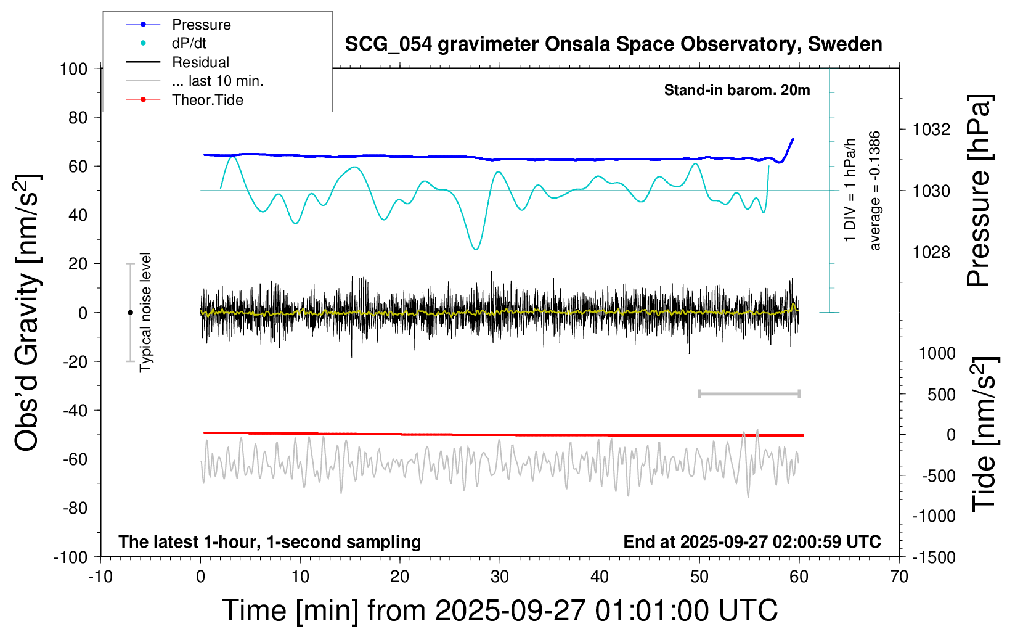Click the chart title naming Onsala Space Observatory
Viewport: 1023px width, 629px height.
613,44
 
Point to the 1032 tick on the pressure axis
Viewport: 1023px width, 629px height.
931,129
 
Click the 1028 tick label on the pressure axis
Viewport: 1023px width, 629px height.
931,252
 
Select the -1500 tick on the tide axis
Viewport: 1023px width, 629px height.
934,557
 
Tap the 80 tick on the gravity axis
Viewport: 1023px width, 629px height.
78,117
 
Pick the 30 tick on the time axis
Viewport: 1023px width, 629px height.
500,577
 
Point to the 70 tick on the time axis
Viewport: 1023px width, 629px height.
899,577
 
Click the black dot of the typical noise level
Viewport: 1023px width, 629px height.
130,313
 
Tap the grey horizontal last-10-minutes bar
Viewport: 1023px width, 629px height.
749,393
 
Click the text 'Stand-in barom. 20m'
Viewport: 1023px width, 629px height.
736,91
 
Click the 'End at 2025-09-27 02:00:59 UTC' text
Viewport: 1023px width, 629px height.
752,542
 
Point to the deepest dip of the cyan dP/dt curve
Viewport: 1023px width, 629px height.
475,249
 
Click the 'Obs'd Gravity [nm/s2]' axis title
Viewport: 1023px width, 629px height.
27,313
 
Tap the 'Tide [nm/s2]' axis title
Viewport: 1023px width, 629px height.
984,435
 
